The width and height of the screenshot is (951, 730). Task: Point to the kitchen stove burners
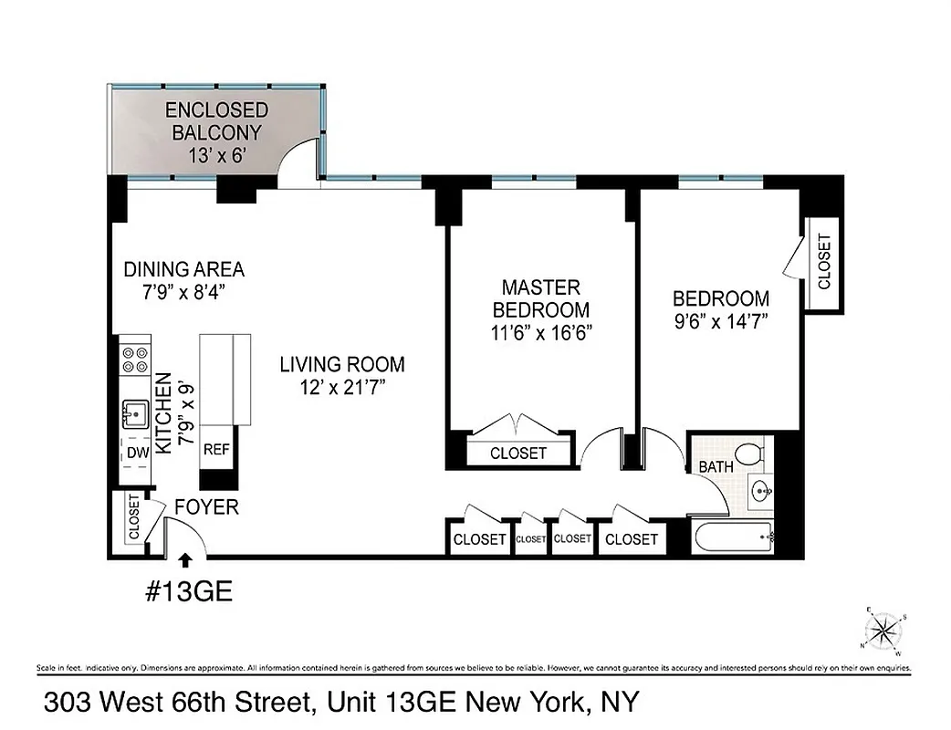135,359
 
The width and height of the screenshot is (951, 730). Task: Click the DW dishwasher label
137,452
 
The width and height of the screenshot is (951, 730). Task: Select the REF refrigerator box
216,449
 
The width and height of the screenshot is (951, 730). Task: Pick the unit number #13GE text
189,592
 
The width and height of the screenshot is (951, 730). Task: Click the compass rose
883,631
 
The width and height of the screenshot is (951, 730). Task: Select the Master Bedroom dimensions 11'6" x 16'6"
537,332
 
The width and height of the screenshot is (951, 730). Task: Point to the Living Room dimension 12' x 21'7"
341,388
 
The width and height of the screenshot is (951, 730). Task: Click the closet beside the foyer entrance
133,517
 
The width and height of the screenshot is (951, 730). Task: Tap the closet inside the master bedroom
518,453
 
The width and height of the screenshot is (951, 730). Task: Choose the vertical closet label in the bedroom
824,262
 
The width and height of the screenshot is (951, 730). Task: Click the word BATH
716,467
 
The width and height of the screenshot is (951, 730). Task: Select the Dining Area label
184,269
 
